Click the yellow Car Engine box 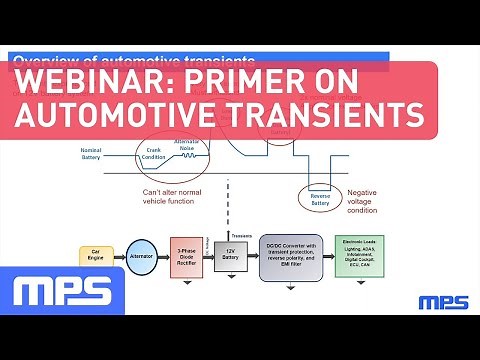point(96,256)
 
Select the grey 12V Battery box point(230,257)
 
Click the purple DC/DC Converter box point(291,255)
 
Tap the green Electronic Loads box point(359,255)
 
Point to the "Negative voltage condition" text point(362,201)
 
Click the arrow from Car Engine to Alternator point(121,256)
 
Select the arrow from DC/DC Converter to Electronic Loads point(328,255)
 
